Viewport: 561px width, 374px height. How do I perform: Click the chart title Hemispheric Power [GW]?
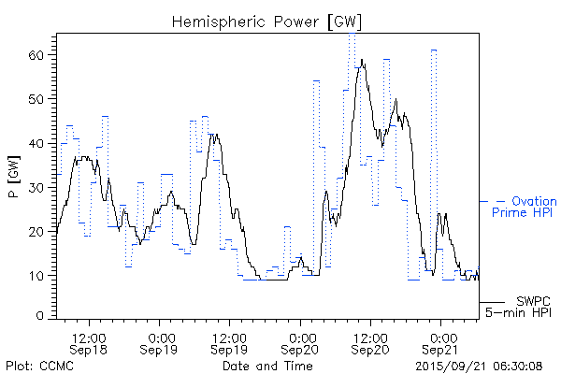(x=266, y=21)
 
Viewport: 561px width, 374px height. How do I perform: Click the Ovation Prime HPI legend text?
(x=524, y=207)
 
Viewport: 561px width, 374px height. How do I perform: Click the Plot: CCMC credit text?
(x=40, y=365)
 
